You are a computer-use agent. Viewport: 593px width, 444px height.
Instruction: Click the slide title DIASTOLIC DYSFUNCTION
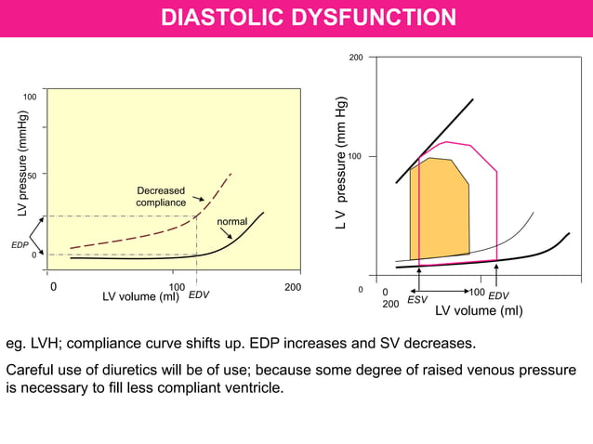click(x=309, y=18)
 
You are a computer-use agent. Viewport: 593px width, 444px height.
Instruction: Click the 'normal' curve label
click(x=231, y=222)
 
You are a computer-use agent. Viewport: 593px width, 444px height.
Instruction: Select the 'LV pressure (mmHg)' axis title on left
click(x=23, y=165)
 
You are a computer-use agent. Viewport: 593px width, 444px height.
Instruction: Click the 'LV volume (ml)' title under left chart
click(x=140, y=297)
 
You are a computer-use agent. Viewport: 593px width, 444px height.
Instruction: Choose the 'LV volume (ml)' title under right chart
click(x=479, y=311)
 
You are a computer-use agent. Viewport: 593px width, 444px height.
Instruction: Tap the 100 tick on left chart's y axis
click(x=30, y=98)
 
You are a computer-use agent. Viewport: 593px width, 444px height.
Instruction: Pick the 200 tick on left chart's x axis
click(x=292, y=288)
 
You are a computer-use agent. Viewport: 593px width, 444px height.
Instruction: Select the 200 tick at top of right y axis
click(x=355, y=59)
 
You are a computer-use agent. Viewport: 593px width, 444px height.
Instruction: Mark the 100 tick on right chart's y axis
click(x=355, y=156)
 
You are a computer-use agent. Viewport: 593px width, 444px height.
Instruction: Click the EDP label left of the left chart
click(x=20, y=245)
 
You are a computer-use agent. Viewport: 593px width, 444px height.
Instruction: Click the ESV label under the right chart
click(x=417, y=300)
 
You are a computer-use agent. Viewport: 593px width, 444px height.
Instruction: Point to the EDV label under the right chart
click(x=498, y=295)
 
